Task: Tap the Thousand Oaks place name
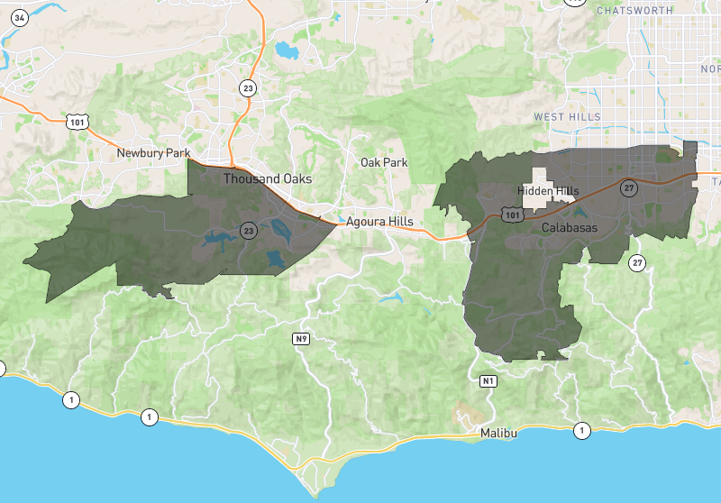point(268,178)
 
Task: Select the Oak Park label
point(384,162)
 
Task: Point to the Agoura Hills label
point(379,221)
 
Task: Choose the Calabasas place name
point(570,228)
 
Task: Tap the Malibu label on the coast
point(499,434)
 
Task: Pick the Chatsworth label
point(634,10)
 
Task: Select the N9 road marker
point(301,339)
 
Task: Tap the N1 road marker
point(488,381)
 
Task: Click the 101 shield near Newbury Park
point(77,120)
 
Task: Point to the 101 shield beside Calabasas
point(512,216)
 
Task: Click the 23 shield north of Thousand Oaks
point(248,87)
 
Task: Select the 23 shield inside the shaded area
point(249,232)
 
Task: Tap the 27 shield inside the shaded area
point(628,187)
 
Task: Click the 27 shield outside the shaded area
point(638,263)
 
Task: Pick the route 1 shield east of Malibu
point(582,430)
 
